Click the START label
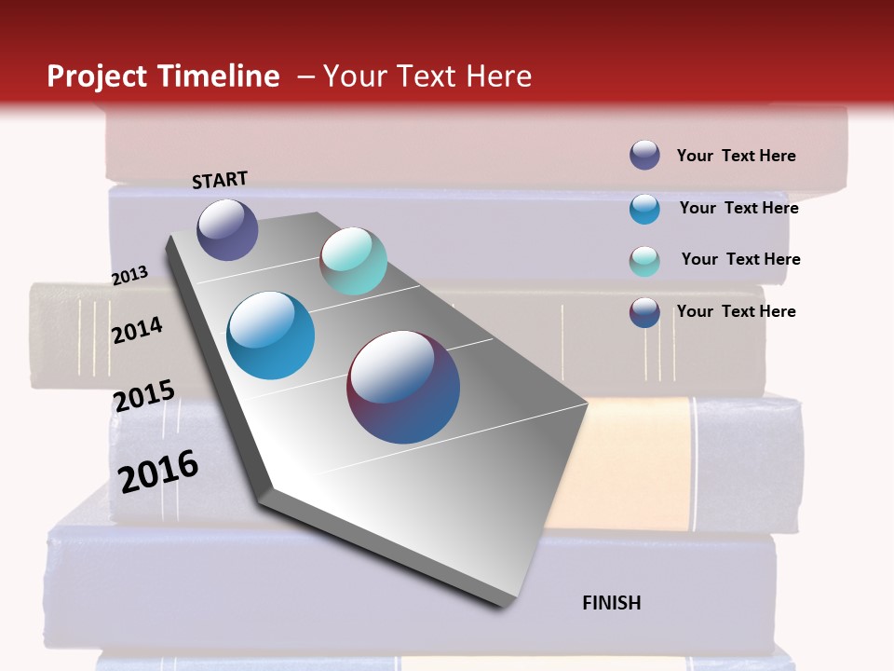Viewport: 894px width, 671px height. (x=220, y=180)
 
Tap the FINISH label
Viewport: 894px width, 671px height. (x=612, y=603)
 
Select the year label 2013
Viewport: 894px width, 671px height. (x=130, y=276)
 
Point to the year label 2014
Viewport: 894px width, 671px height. (x=138, y=330)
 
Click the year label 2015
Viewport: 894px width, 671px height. (x=144, y=396)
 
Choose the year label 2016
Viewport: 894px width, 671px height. (x=158, y=472)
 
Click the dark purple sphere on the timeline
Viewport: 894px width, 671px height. (x=227, y=229)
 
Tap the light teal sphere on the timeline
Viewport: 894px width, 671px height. (x=354, y=261)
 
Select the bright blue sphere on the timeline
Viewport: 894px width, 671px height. (x=271, y=335)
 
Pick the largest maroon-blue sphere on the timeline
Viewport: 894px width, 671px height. (x=403, y=387)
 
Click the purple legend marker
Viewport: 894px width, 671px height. (x=644, y=155)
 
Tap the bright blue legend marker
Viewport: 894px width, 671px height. (x=644, y=209)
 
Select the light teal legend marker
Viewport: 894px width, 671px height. (x=644, y=261)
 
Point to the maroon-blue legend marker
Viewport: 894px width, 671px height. (x=644, y=312)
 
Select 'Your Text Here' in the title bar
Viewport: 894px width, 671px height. (x=427, y=76)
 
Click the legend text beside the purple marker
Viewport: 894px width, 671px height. (x=736, y=156)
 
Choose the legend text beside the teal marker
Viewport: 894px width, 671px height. (x=740, y=259)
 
